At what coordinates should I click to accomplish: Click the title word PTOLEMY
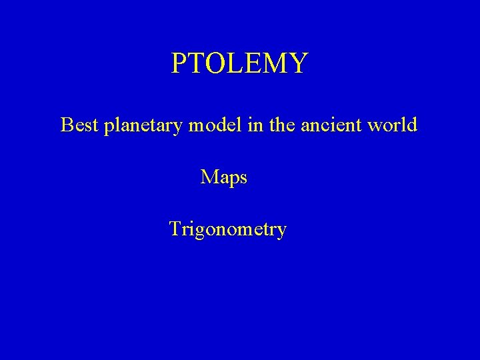(x=239, y=64)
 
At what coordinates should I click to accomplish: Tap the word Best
(x=80, y=125)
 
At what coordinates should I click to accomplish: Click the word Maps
(x=224, y=177)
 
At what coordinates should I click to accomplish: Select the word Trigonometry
(x=227, y=230)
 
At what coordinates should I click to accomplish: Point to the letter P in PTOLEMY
(x=178, y=64)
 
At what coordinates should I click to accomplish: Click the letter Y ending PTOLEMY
(x=299, y=64)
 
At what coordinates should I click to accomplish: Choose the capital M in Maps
(x=209, y=177)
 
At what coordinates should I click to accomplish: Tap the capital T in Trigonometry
(x=175, y=229)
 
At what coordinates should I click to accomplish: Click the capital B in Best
(x=66, y=125)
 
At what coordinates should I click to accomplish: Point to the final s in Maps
(x=243, y=179)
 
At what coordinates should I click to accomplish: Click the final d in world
(x=412, y=125)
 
